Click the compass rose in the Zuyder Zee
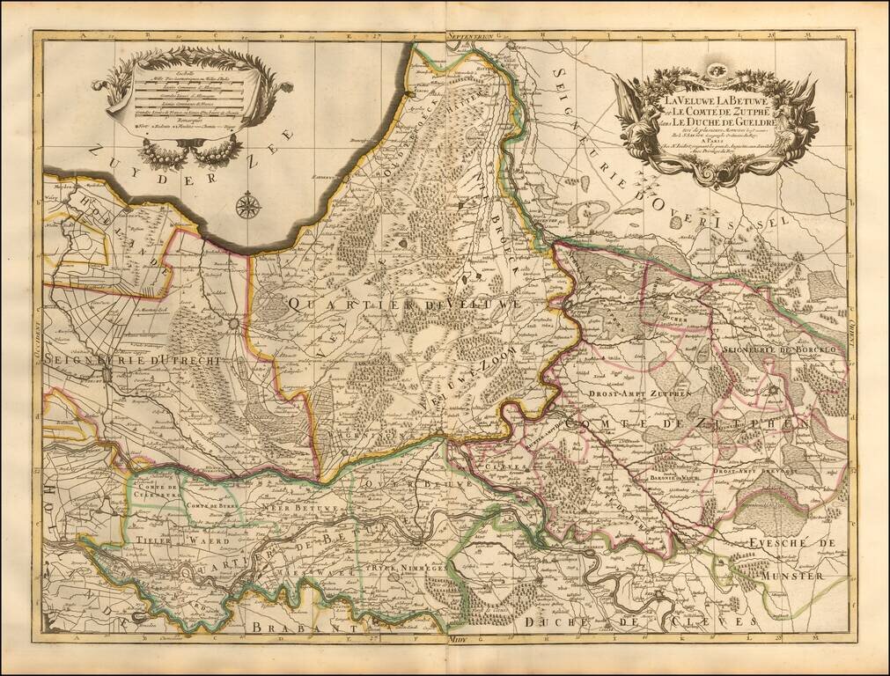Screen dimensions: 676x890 [248, 206]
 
